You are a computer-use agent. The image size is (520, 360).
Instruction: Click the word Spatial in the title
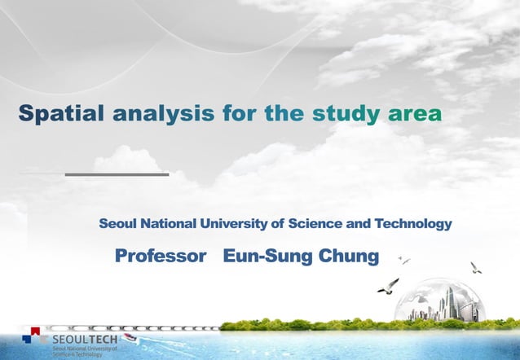tap(62, 113)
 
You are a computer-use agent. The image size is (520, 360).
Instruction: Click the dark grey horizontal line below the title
tap(117, 173)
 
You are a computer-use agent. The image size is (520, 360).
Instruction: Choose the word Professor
tap(161, 257)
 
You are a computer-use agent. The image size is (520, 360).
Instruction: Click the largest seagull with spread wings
tap(388, 285)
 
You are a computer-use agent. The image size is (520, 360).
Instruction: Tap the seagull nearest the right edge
tap(476, 267)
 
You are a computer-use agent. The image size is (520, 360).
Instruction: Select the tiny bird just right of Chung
tap(403, 261)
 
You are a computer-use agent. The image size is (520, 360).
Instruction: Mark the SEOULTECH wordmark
tap(84, 338)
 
